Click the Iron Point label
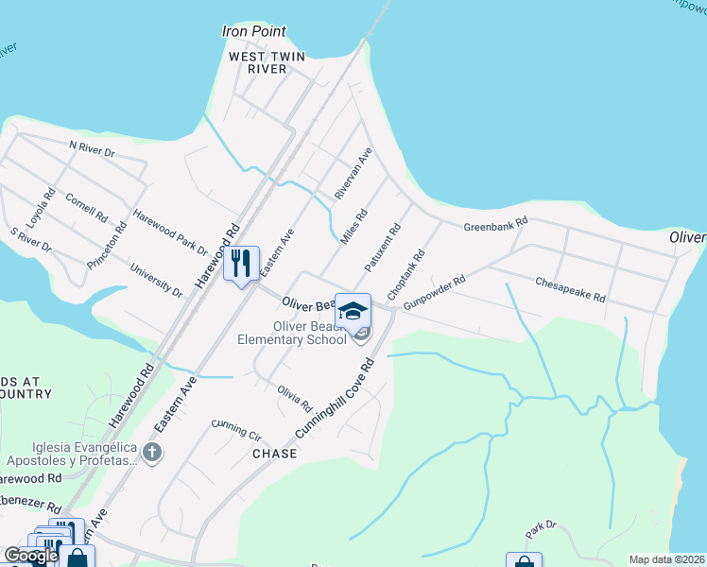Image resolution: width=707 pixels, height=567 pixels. coord(253,31)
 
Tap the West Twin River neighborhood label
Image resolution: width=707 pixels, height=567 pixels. coord(267,62)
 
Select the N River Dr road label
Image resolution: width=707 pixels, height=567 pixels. coord(92,148)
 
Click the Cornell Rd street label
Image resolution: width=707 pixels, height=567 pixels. coord(86,207)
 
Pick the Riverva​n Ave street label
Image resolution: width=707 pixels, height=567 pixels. coord(353,173)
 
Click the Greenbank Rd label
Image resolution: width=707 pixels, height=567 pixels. coord(494,227)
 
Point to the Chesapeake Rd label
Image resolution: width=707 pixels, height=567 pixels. coord(570,288)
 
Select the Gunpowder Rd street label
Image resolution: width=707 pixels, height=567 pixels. coord(434,293)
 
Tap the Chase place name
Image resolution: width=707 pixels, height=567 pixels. coord(274,454)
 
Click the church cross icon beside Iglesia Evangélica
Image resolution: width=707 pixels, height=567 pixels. coord(151,453)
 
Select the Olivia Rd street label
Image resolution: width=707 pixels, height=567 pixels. coord(294,398)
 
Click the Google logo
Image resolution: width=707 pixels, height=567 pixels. coord(30,556)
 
